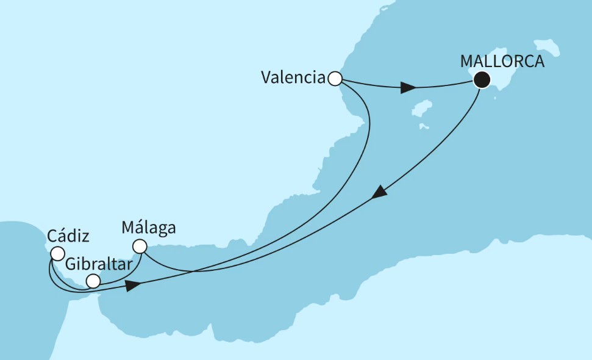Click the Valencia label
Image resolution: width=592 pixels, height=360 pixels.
pos(293,77)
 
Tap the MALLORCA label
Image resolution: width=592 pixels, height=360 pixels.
pos(502,62)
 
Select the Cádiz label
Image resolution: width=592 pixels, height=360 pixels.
pos(68,236)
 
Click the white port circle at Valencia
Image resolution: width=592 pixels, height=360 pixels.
pos(335,78)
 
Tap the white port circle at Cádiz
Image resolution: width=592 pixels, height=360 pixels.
pos(57,253)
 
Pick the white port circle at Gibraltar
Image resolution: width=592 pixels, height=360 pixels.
pos(93,281)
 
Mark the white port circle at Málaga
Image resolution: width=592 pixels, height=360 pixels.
pos(140,247)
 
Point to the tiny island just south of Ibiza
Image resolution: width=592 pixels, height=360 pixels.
pos(422,126)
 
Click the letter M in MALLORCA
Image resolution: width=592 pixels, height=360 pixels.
pos(467,62)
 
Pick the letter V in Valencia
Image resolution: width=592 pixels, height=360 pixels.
pos(266,77)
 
